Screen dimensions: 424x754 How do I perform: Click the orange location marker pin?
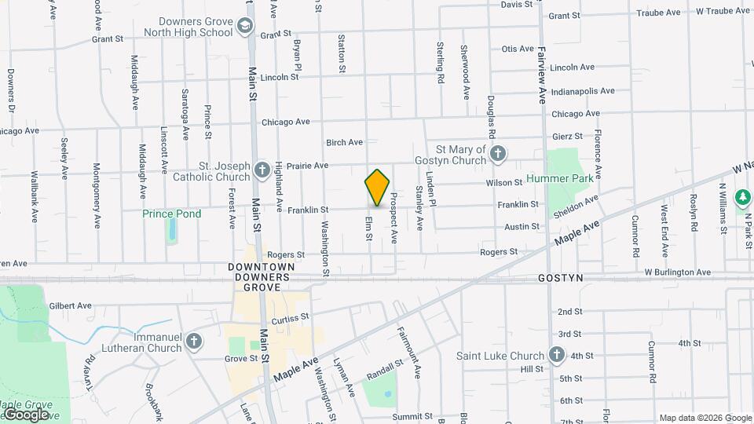point(377,187)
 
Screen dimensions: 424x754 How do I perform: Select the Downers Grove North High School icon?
point(246,27)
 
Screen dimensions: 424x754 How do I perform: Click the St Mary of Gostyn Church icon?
point(497,154)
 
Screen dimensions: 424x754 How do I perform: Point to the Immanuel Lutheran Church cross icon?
point(194,341)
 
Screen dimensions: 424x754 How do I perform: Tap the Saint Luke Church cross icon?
point(557,356)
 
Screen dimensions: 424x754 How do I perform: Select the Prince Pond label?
point(171,214)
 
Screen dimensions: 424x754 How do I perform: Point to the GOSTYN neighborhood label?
point(559,279)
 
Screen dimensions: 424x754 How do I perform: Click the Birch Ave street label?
point(344,142)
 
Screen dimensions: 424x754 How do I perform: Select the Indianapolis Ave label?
point(582,91)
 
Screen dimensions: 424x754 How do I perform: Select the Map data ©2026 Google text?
point(704,418)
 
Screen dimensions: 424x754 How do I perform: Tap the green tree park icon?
point(742,196)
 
